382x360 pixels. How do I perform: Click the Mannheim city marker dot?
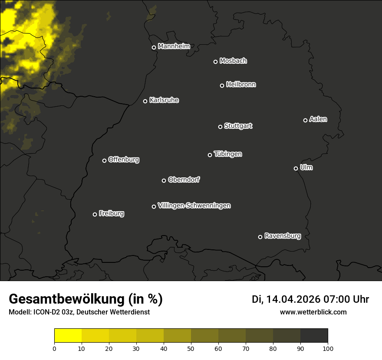(154, 48)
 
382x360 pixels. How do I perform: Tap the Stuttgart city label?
(238, 126)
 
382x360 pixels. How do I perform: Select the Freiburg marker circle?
(95, 214)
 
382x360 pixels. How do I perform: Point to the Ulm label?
(306, 167)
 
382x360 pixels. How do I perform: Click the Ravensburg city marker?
(260, 237)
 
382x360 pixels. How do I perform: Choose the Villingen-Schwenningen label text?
(194, 206)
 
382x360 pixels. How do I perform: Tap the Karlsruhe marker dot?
(145, 101)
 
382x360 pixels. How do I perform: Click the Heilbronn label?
(241, 85)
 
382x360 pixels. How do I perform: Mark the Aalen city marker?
(305, 120)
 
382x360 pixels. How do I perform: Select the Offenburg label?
(124, 160)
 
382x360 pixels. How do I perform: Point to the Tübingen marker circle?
(210, 155)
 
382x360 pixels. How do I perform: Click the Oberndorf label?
(184, 180)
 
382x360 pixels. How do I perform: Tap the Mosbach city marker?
(215, 62)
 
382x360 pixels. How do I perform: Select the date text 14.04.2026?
(293, 299)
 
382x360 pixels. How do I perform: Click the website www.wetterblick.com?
(313, 312)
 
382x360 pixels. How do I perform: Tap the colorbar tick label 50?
(191, 348)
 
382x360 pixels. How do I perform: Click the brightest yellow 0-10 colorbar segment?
(68, 336)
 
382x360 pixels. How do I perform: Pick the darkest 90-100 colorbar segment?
(314, 336)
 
